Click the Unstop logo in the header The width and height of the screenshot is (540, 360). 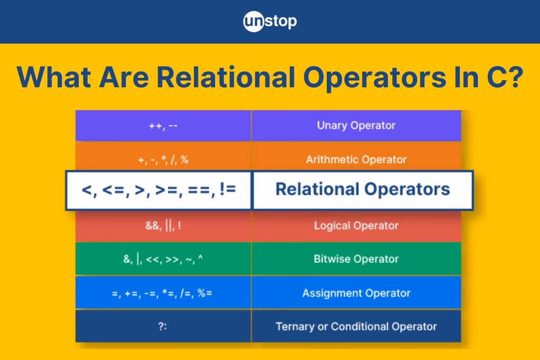pos(270,22)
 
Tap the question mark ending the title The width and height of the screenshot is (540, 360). pos(514,77)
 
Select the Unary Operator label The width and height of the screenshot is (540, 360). pos(356,126)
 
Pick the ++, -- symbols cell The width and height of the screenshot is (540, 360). pos(163,126)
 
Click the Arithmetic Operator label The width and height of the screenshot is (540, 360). pos(356,159)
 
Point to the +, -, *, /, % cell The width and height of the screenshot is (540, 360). pos(163,160)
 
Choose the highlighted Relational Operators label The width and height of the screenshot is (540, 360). pos(362,189)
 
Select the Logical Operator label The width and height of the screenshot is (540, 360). pos(356,225)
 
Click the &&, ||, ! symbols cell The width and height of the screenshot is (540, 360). pos(163,226)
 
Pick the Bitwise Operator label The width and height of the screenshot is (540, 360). pos(356,259)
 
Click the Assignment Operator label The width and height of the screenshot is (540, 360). pos(356,293)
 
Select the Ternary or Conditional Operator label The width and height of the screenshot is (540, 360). pos(356,326)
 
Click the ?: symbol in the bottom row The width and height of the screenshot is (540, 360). pos(163,327)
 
